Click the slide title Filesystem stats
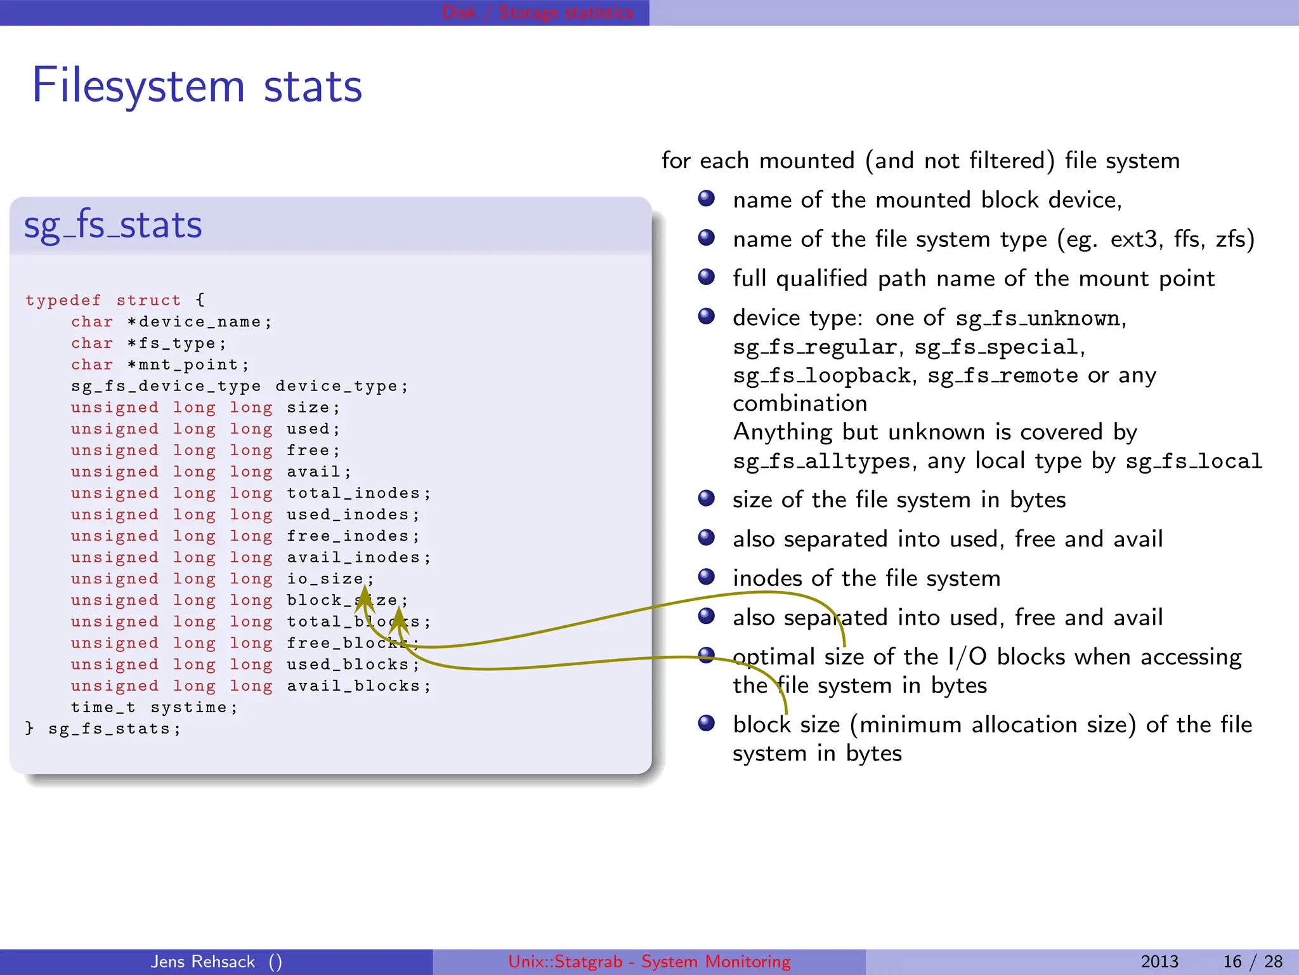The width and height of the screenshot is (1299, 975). tap(197, 86)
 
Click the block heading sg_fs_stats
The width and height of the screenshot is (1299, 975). tap(113, 225)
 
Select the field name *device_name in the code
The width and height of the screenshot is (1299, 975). tap(199, 322)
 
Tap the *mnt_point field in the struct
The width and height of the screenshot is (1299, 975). tap(187, 365)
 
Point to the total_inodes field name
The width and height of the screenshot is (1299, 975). tap(353, 493)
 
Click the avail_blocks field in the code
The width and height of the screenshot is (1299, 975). tap(353, 686)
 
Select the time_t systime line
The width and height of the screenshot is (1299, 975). tap(154, 707)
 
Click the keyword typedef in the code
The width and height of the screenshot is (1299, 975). tap(63, 300)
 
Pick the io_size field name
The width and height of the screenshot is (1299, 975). tap(325, 579)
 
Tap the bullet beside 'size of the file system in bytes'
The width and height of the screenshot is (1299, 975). tap(706, 498)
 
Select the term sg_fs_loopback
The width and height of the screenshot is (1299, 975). tap(822, 376)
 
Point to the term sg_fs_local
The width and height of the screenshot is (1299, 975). tap(1194, 461)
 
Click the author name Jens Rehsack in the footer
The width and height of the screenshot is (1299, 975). tap(203, 962)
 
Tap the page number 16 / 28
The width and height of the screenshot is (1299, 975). tap(1252, 962)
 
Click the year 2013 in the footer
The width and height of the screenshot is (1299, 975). tap(1159, 962)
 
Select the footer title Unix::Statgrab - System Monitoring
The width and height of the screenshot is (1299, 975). tap(649, 962)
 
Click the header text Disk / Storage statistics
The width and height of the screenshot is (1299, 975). tap(537, 12)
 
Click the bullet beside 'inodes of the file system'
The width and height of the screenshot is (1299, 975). tap(706, 576)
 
